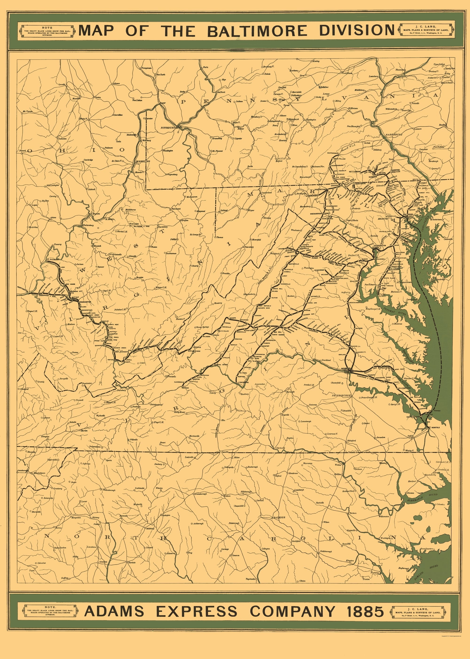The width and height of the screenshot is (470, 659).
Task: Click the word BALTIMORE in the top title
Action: pyautogui.click(x=257, y=31)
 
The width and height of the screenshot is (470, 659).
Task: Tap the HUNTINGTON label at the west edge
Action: pyautogui.click(x=23, y=289)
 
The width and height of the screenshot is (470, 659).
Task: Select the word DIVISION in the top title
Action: pyautogui.click(x=356, y=31)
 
